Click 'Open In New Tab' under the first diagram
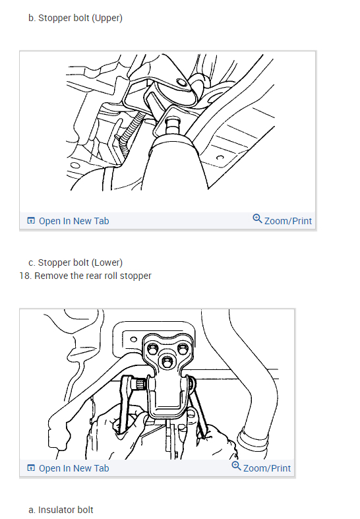pos(74,221)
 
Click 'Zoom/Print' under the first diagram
pos(288,221)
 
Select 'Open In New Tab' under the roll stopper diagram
pos(74,468)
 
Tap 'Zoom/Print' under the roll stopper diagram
pos(266,468)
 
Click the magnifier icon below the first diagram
pos(257,218)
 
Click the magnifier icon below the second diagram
pos(236,466)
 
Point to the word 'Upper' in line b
pos(107,18)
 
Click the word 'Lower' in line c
pos(107,262)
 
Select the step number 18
pos(25,276)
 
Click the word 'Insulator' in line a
pos(57,510)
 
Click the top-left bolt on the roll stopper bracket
pos(152,349)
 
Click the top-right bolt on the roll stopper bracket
pos(183,348)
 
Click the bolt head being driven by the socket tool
pos(173,125)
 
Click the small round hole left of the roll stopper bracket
pos(133,339)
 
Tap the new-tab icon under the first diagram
pos(31,221)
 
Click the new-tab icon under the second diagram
pos(31,468)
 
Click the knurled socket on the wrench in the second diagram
pos(139,384)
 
